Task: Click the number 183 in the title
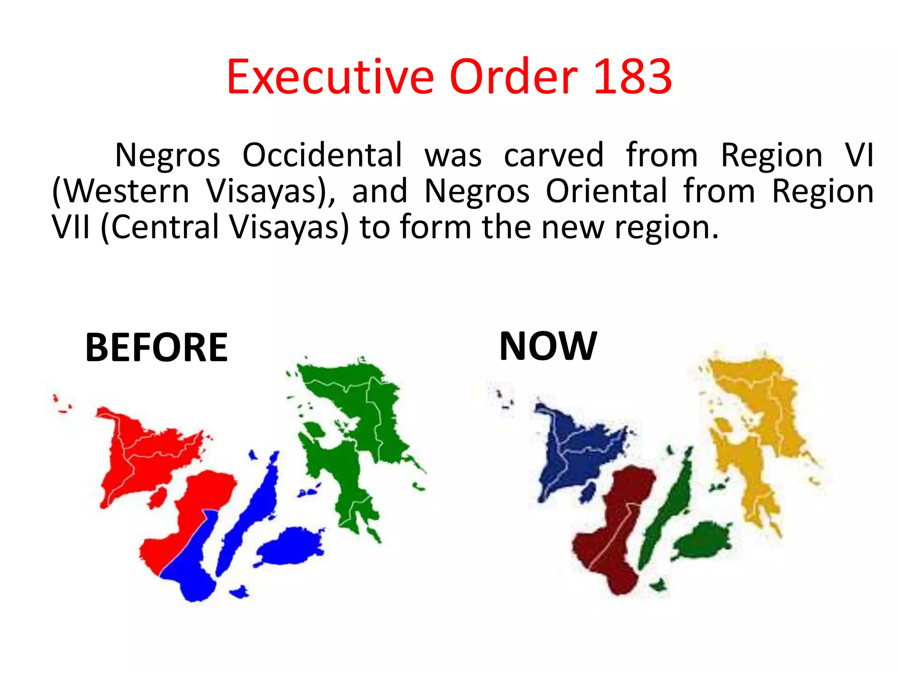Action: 632,77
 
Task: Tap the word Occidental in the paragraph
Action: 322,155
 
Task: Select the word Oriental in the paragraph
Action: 606,191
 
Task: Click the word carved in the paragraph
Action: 554,155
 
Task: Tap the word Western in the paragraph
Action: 121,191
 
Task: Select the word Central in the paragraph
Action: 165,227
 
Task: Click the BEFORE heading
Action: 156,348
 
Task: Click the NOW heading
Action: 548,346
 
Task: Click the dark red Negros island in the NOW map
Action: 615,535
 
